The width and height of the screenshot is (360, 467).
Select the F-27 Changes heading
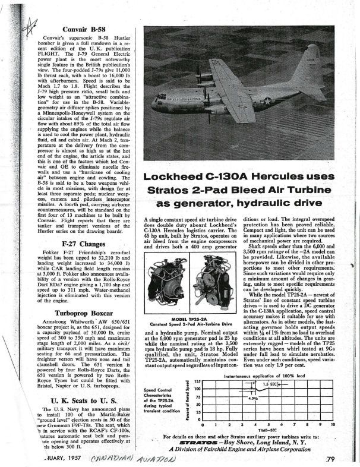(75, 244)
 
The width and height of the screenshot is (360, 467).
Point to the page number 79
(330, 459)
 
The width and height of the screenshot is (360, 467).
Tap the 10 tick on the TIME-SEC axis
(333, 425)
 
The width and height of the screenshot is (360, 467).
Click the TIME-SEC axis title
(267, 430)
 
